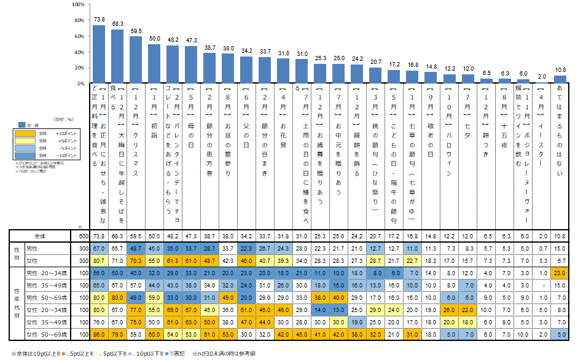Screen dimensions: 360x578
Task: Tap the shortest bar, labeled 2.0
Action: point(541,82)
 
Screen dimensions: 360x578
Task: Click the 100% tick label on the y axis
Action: point(77,4)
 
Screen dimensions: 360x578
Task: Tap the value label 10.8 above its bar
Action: point(560,70)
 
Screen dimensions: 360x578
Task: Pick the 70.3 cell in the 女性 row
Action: point(136,260)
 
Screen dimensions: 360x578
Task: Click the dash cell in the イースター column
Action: point(541,285)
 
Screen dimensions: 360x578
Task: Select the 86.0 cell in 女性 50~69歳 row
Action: point(98,334)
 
